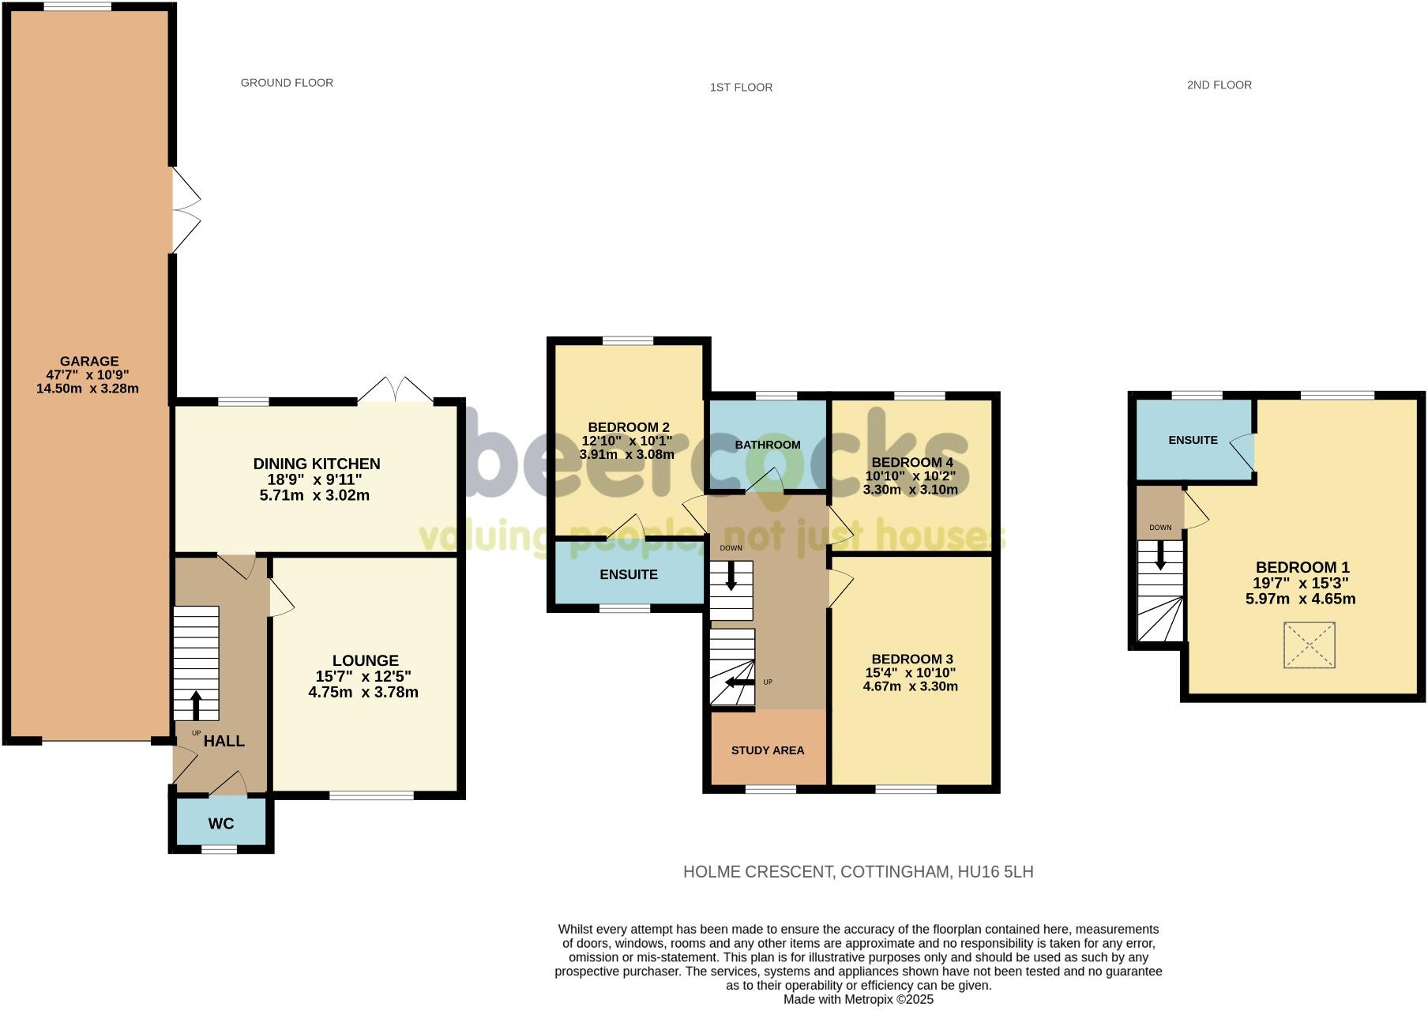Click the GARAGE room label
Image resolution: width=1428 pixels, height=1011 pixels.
[x=88, y=362]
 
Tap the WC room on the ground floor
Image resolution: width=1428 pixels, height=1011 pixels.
[x=221, y=824]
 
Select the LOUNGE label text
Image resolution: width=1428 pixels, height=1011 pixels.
[x=365, y=660]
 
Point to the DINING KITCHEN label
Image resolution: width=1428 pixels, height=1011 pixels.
[x=316, y=464]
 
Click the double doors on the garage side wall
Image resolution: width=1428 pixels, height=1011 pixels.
[x=186, y=210]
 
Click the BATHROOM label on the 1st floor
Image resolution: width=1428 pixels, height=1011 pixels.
[x=768, y=445]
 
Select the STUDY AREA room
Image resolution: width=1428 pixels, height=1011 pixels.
[x=768, y=750]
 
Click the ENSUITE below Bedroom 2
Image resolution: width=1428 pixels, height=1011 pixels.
[x=629, y=574]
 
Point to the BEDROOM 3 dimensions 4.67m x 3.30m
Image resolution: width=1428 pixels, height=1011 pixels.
[x=910, y=686]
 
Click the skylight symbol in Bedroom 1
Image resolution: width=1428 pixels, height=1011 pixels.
[x=1310, y=645]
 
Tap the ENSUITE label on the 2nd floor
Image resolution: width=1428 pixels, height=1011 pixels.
[x=1193, y=440]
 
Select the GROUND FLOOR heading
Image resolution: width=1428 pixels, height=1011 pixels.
[x=287, y=82]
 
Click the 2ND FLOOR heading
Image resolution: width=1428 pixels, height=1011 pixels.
[x=1219, y=85]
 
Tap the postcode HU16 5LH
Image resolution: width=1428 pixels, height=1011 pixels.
[x=994, y=872]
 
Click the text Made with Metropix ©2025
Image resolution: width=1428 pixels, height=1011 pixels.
[x=858, y=999]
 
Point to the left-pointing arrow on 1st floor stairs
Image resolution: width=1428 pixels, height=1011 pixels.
[x=739, y=682]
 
